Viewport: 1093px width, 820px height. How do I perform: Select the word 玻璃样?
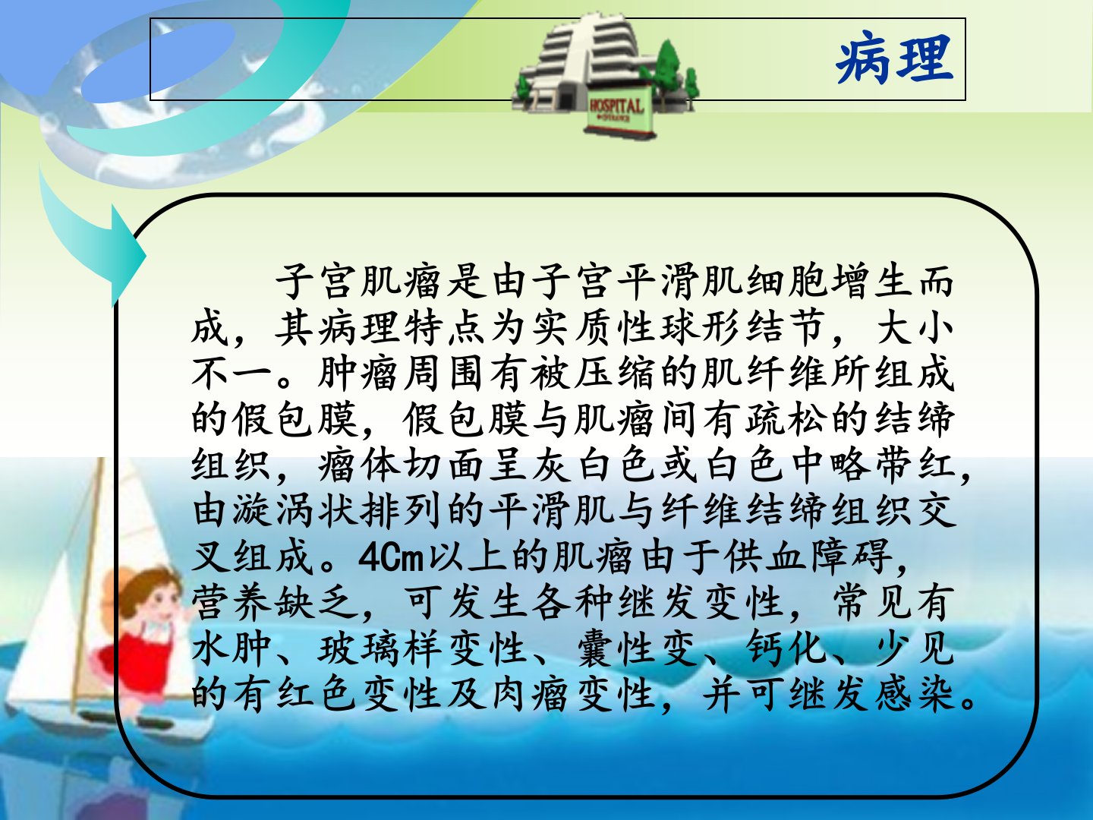[x=380, y=649]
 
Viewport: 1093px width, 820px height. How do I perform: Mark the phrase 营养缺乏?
[x=275, y=603]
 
